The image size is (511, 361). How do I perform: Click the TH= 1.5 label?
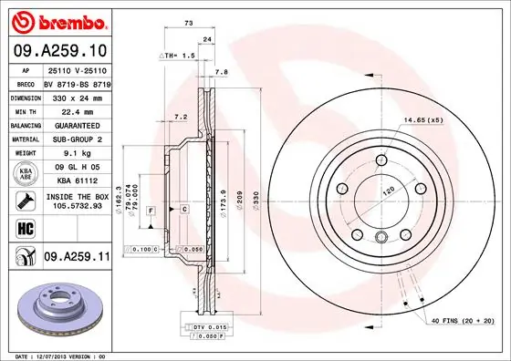click(179, 57)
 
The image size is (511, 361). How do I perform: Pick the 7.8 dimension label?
click(220, 71)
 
